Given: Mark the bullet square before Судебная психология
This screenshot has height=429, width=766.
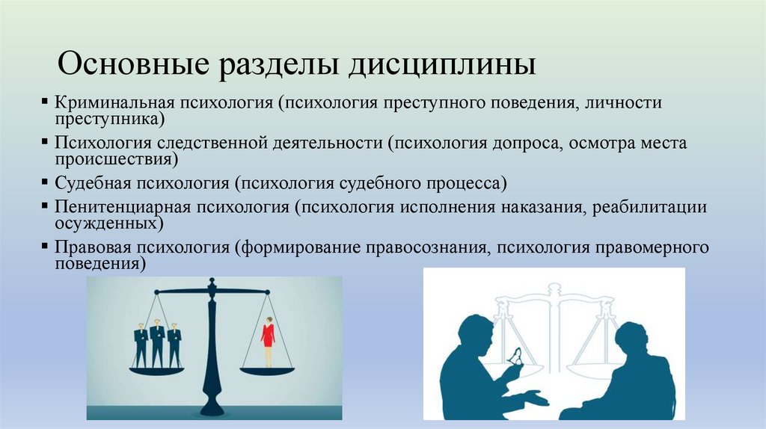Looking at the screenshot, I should pyautogui.click(x=46, y=181).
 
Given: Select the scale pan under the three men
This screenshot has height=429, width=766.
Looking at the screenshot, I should pyautogui.click(x=156, y=370).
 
